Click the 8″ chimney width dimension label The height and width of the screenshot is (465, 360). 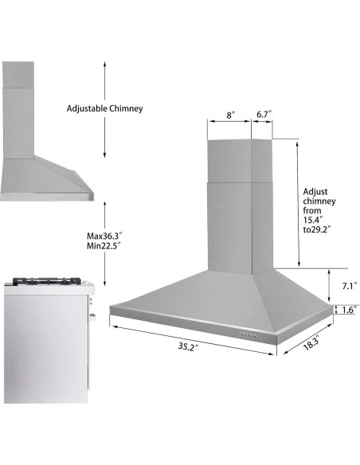[x=230, y=115]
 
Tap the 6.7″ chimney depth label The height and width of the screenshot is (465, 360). [x=264, y=115]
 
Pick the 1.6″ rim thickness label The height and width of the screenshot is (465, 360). [x=348, y=310]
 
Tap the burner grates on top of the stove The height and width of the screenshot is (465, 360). [x=48, y=281]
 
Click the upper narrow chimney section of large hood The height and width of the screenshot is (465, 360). [x=238, y=159]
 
